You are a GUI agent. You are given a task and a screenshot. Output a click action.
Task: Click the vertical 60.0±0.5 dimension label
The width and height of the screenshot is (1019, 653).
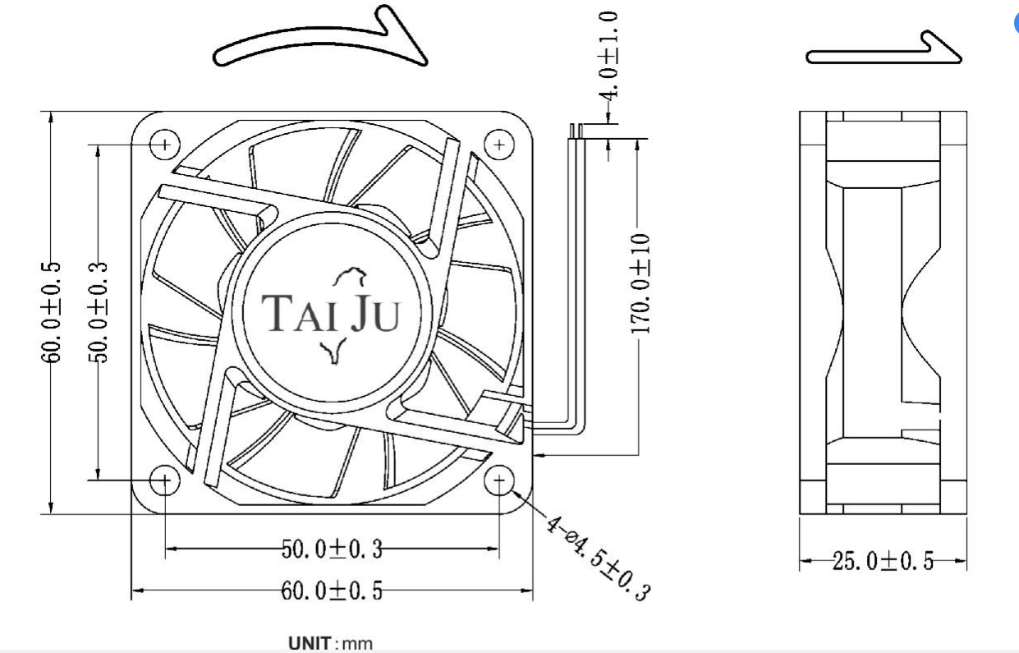[51, 312]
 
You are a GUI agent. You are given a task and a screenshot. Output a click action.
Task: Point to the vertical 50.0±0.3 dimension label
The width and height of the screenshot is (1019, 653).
[98, 312]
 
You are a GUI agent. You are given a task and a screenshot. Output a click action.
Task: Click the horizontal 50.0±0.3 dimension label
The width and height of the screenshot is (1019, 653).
[332, 549]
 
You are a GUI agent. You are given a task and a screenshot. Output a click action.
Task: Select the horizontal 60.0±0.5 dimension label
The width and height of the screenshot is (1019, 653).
[332, 591]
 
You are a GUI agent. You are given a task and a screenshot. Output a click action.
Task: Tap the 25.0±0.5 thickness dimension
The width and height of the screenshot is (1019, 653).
[883, 561]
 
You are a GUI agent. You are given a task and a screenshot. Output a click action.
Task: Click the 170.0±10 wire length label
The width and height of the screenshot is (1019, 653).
[640, 283]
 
